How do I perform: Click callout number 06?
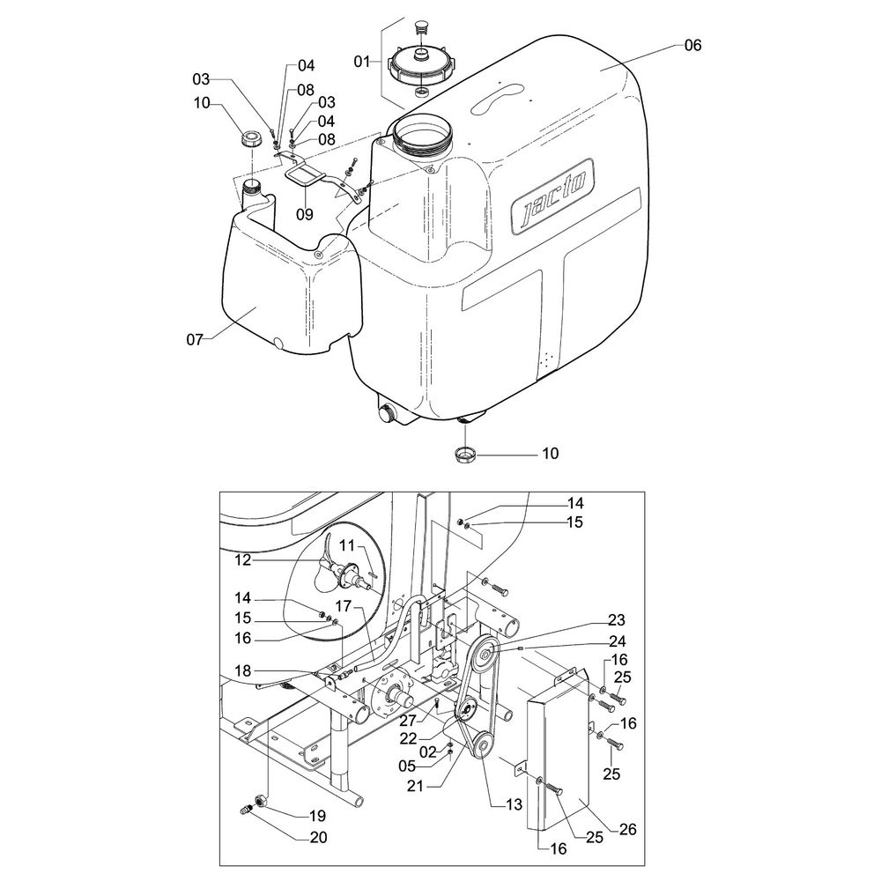pyautogui.click(x=692, y=46)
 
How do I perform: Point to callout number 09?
pyautogui.click(x=304, y=212)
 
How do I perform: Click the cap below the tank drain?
pyautogui.click(x=465, y=454)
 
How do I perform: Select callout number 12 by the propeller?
pyautogui.click(x=242, y=559)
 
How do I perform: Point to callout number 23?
pyautogui.click(x=590, y=618)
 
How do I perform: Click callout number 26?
pyautogui.click(x=626, y=830)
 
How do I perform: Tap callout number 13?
pyautogui.click(x=514, y=803)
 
